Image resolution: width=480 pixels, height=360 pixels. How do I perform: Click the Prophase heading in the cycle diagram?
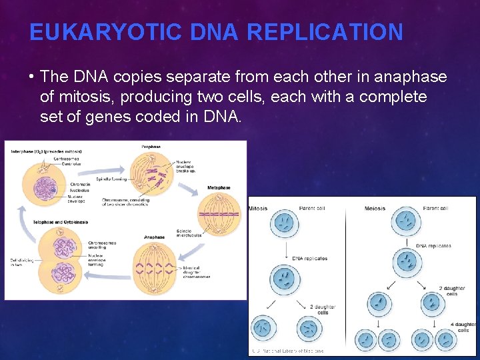(151, 146)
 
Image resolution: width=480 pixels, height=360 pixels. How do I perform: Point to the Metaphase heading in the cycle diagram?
(219, 187)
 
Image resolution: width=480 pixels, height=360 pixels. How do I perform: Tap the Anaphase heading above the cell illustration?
(154, 237)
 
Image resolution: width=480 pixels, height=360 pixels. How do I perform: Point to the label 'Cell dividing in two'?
(19, 263)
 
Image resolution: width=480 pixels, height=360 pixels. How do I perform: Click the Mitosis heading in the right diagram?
(258, 208)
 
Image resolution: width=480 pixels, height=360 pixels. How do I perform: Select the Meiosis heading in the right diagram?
(375, 208)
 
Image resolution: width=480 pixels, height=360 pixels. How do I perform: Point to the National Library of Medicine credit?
(287, 351)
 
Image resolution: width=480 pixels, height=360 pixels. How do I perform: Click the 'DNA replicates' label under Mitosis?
(310, 259)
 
